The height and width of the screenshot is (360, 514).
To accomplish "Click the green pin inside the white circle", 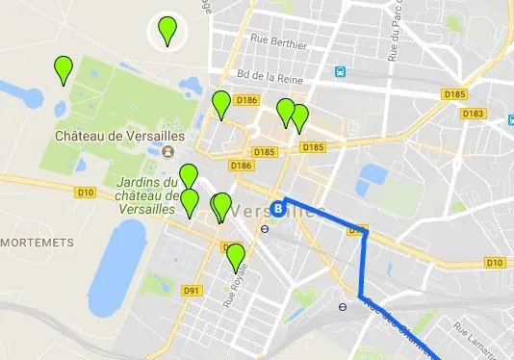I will tap(167, 31).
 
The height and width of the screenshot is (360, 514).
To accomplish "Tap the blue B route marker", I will tap(279, 207).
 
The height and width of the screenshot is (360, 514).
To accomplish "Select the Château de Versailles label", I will tap(119, 137).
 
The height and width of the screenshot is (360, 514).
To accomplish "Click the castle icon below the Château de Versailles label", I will tap(168, 152).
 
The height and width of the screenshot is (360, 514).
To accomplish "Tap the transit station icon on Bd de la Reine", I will tap(340, 72).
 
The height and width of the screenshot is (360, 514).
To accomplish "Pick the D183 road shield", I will tap(472, 114).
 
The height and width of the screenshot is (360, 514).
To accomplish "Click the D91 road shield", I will tap(191, 291).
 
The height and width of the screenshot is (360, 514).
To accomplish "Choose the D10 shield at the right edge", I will tap(495, 262).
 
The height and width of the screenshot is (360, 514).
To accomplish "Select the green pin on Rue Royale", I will tap(235, 256).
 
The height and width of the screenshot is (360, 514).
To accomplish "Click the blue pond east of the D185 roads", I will tap(371, 176).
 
